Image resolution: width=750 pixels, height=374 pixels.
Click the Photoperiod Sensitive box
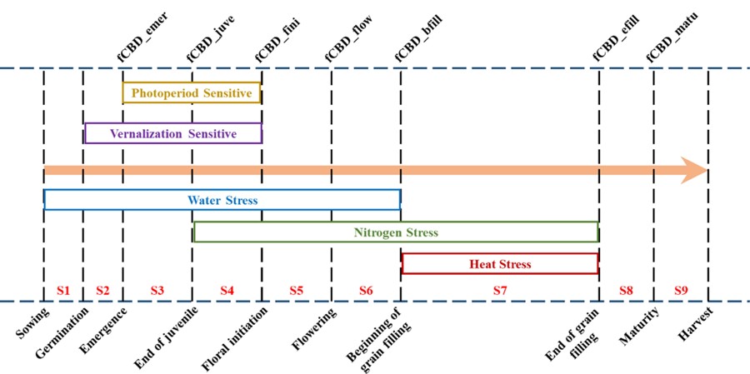[x=192, y=93]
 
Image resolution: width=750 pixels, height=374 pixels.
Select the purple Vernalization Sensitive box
[x=173, y=133]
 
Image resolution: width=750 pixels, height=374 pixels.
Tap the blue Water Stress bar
[x=222, y=200]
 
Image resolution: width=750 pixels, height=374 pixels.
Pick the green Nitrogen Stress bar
[x=396, y=232]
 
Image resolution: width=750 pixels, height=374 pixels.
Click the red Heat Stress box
[x=499, y=264]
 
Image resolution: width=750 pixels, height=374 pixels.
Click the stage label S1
[x=62, y=290]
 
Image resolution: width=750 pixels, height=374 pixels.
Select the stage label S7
[x=499, y=290]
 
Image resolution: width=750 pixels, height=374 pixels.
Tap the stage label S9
[x=681, y=290]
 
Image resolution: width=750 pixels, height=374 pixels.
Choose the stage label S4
[x=227, y=290]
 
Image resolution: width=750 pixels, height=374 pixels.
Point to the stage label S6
[x=366, y=290]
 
